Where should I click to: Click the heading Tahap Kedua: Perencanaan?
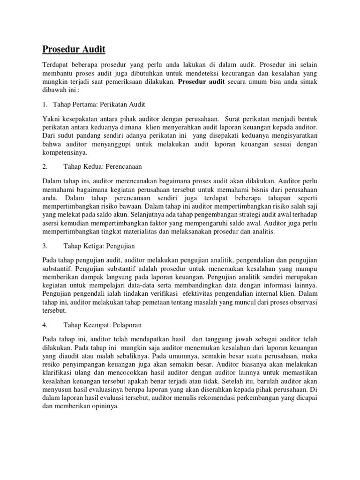click(x=103, y=166)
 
